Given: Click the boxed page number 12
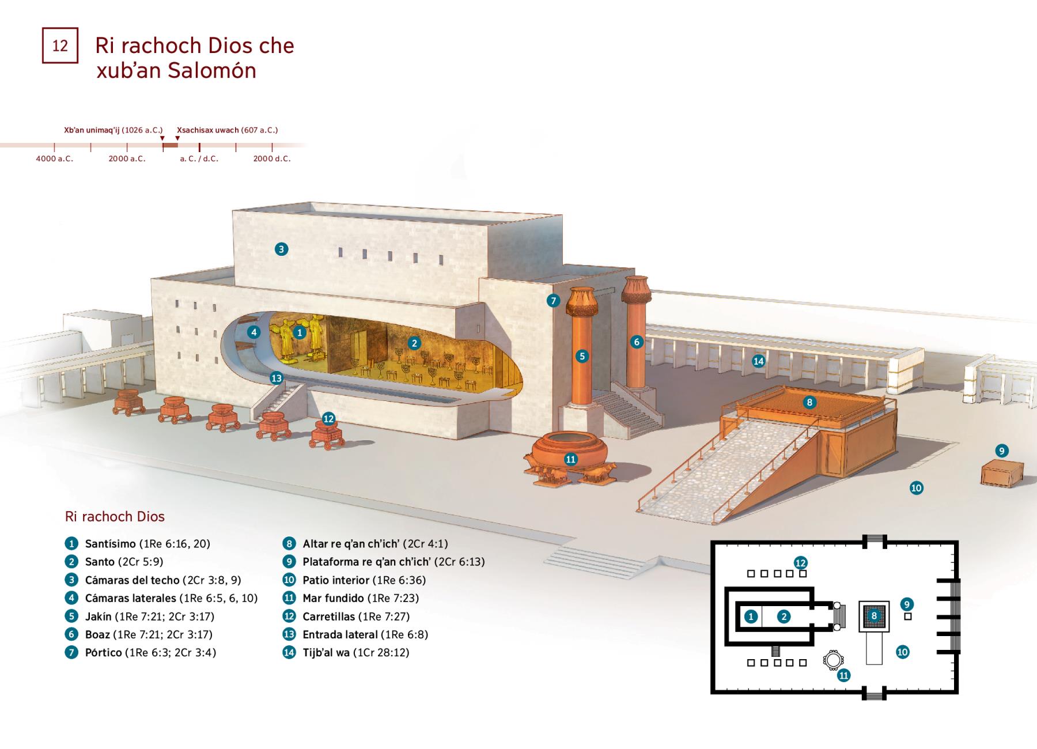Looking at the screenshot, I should pos(60,46).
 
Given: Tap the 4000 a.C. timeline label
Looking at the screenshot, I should pos(54,158).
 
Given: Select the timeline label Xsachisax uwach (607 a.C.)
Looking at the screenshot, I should pos(227,130).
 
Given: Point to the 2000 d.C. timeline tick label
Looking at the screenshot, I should pos(272,158).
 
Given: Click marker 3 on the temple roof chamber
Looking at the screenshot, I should pos(281,249).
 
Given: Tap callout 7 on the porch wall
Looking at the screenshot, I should pos(553,300).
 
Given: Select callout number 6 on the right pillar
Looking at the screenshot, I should pos(637,342).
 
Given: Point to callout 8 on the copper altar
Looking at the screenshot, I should pos(809,402).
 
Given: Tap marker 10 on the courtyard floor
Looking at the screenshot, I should pos(916,488).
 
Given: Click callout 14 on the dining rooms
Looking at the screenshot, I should pos(758,361).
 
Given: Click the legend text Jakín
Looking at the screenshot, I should pos(99,616).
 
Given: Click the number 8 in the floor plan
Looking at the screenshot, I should pos(874,616).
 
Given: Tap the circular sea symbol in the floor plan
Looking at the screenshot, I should pos(833,661).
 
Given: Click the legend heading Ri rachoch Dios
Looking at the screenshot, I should pos(115,516).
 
